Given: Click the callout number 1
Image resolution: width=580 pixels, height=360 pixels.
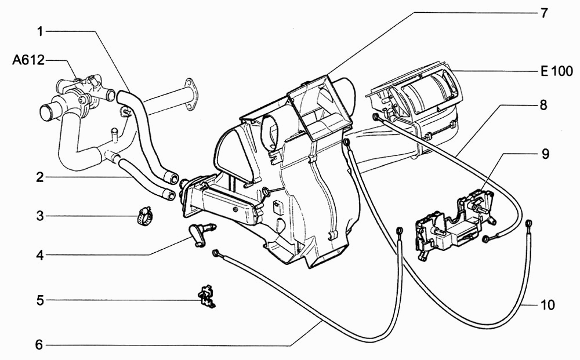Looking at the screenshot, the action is [x=39, y=31].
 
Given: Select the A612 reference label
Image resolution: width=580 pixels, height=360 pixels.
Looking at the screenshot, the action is [x=28, y=60].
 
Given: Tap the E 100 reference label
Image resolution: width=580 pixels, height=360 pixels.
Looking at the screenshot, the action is [x=557, y=71].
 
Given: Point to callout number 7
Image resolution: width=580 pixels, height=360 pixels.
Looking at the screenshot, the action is [x=543, y=13].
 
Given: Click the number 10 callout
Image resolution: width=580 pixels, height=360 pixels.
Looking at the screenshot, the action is [x=548, y=305].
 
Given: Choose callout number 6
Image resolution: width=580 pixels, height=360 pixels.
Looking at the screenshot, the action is [x=39, y=345].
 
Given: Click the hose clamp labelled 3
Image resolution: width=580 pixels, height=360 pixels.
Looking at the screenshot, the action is [x=144, y=216].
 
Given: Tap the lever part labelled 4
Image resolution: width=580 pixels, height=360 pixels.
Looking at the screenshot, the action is [x=202, y=234].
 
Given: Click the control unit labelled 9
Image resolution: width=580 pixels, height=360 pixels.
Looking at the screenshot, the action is [x=455, y=224].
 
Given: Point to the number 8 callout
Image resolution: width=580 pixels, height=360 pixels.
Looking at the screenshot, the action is [x=543, y=105].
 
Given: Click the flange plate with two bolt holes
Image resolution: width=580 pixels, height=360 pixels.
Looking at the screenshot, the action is [x=191, y=94].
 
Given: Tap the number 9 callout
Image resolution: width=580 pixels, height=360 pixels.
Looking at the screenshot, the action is [x=545, y=154].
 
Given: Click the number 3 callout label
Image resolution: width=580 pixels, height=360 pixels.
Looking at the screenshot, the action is [x=39, y=216].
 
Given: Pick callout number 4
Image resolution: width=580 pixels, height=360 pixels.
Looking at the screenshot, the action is [x=39, y=255].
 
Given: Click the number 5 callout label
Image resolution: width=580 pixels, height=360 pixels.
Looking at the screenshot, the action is [x=39, y=300].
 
